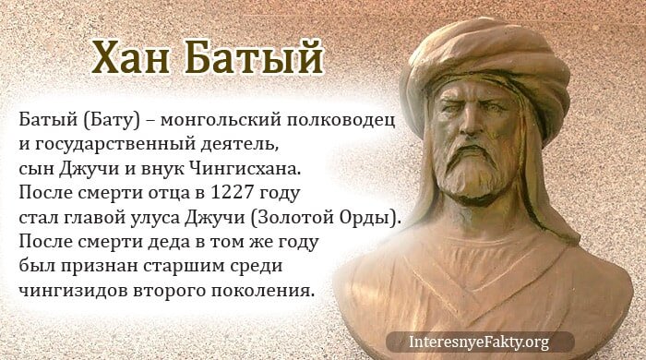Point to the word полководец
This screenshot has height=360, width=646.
(343, 121)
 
